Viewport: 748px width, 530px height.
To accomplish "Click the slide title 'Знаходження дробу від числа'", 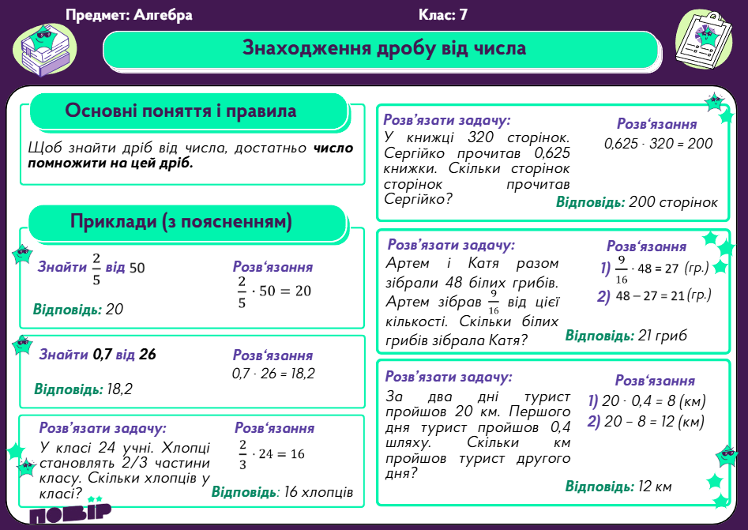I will (x=384, y=48).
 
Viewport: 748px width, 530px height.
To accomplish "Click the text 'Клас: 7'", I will (x=443, y=15).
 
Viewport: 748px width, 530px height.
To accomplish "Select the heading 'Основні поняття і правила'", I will (x=181, y=111).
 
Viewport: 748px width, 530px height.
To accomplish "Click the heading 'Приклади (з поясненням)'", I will (x=181, y=223).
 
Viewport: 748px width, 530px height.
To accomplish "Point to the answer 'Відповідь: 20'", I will (x=78, y=309).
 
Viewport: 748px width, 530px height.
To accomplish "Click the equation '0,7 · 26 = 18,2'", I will (x=273, y=373).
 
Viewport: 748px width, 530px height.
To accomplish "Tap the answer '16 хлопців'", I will (x=318, y=491).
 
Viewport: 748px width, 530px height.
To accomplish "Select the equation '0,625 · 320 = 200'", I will (x=658, y=144).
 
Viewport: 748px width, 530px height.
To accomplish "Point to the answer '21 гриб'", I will (x=660, y=336).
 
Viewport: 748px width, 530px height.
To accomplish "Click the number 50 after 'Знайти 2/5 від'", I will (x=137, y=268).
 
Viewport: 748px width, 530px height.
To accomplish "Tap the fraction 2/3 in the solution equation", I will (x=242, y=454).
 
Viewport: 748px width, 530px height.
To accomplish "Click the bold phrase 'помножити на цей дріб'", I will (x=110, y=165).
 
